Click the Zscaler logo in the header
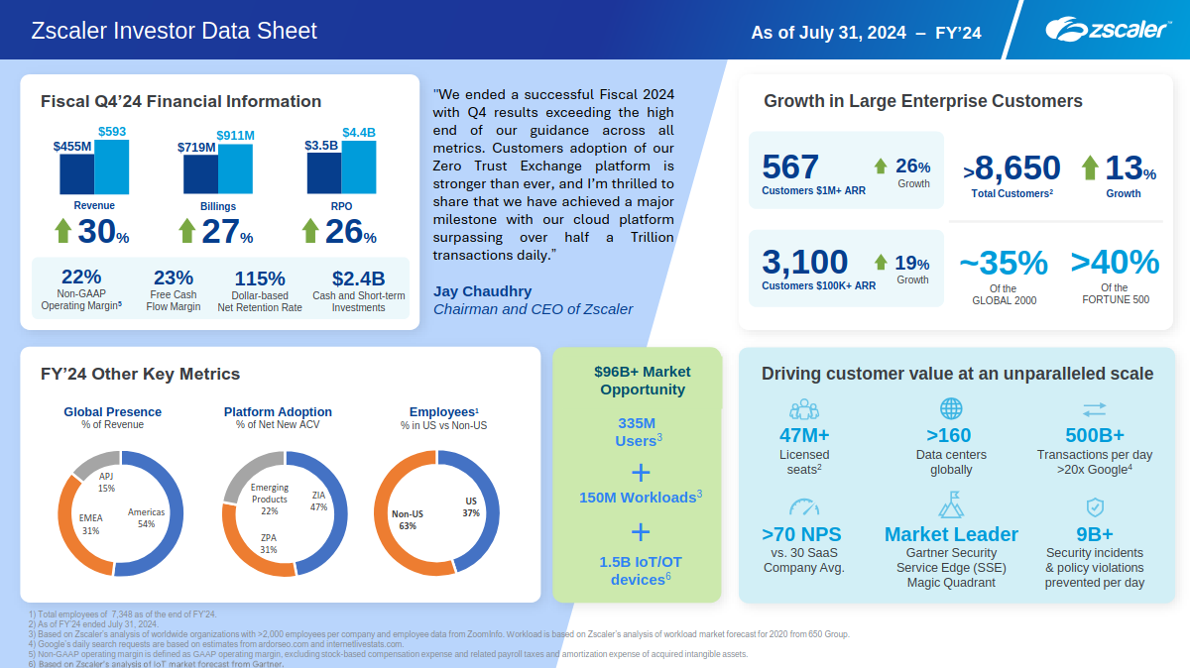[1107, 30]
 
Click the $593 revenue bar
[112, 167]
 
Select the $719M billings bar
[200, 174]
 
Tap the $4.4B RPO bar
[358, 167]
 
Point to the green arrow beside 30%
[63, 230]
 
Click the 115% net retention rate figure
[260, 279]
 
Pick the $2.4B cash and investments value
[358, 279]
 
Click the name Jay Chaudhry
[482, 291]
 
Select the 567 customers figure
[790, 167]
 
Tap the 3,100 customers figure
[804, 263]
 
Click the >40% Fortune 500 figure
[1115, 263]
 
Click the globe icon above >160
[951, 408]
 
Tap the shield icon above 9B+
[1095, 507]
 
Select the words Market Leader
[951, 534]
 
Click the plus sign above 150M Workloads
[641, 471]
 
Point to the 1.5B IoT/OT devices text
[641, 570]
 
